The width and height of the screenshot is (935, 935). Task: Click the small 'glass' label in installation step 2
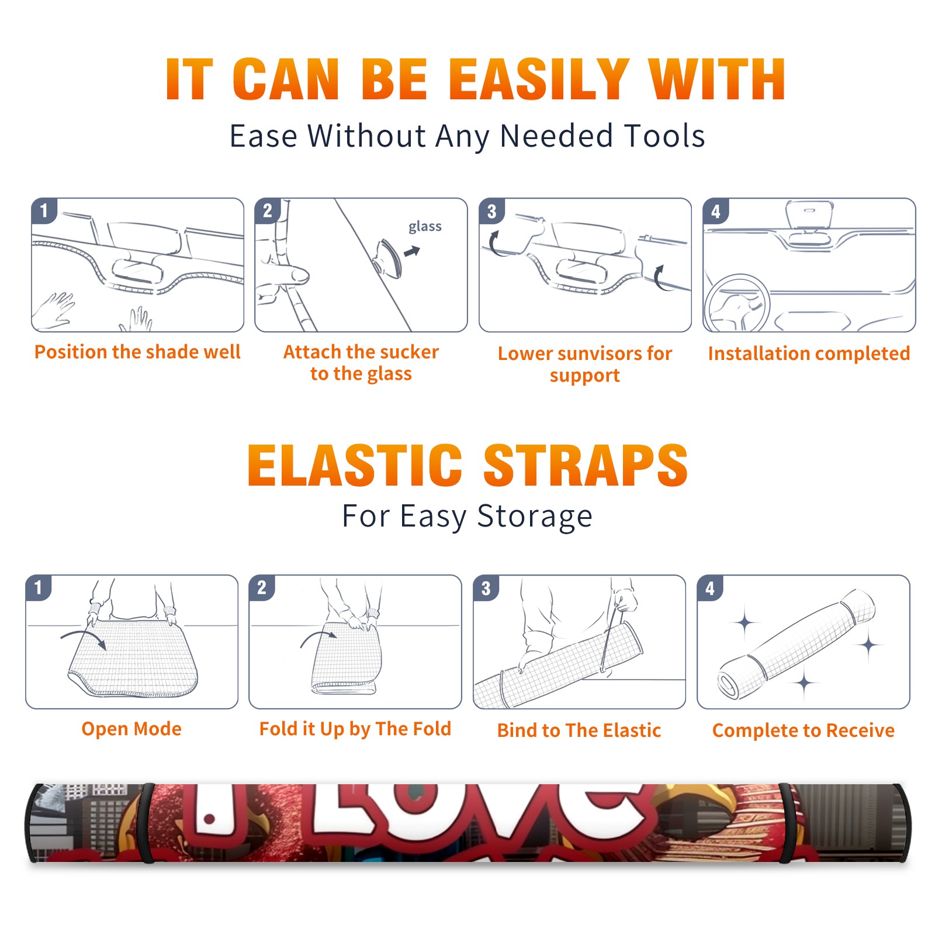coord(425,227)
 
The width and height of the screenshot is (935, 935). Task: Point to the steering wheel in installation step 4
coord(737,303)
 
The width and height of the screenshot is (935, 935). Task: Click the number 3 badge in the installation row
coord(492,211)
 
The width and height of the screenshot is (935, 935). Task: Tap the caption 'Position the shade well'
coord(137,352)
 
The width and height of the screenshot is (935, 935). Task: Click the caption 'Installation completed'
coord(809,354)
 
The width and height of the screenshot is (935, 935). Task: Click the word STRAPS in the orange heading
coord(586,465)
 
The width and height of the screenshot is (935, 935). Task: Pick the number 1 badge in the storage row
coord(39,588)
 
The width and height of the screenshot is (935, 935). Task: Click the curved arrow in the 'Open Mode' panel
coord(83,636)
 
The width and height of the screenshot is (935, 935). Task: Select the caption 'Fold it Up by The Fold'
coord(355,729)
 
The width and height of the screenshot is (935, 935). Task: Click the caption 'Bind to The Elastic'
coord(579,730)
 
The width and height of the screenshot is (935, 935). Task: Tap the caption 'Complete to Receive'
coord(804,730)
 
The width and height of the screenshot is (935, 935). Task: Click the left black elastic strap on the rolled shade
coord(146,823)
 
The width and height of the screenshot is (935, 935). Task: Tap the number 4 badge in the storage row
coord(710,588)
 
